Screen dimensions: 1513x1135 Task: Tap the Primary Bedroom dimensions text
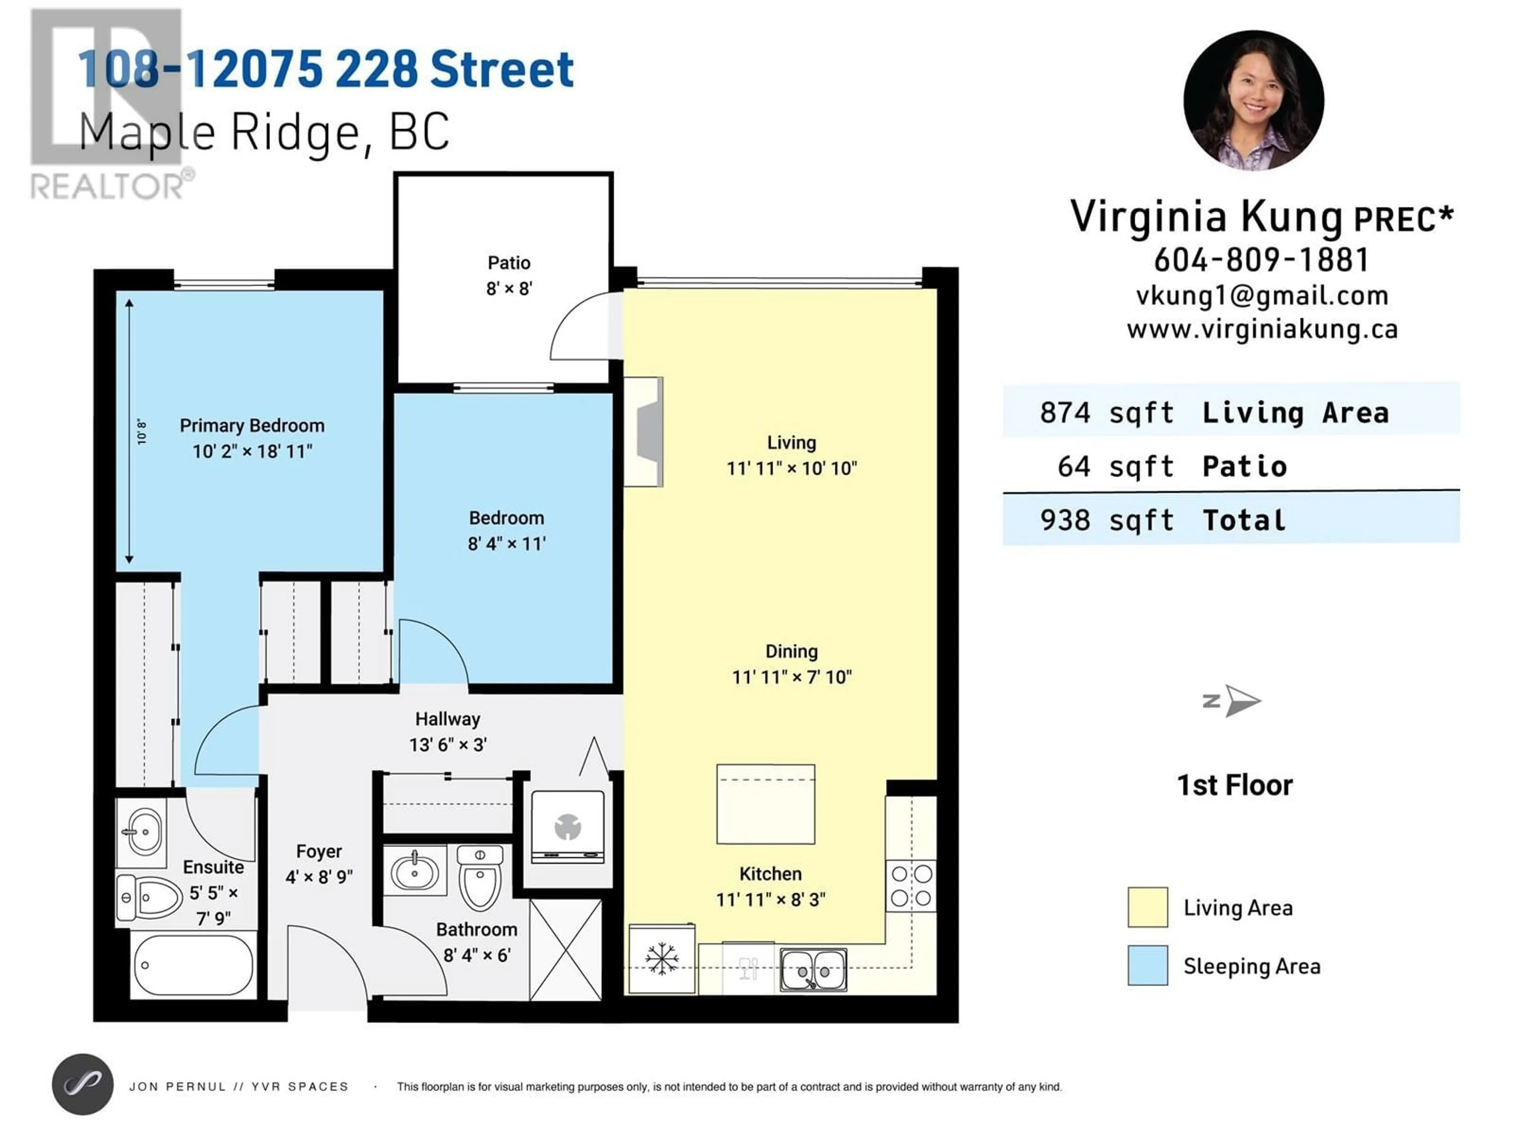253,452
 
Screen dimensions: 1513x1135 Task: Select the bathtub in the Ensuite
193,965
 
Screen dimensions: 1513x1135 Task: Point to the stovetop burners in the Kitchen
911,886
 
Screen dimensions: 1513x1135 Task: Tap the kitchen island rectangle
766,804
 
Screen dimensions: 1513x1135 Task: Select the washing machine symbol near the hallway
568,826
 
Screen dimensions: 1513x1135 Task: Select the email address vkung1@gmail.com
1262,296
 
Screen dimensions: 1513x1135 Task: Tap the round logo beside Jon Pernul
83,1084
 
